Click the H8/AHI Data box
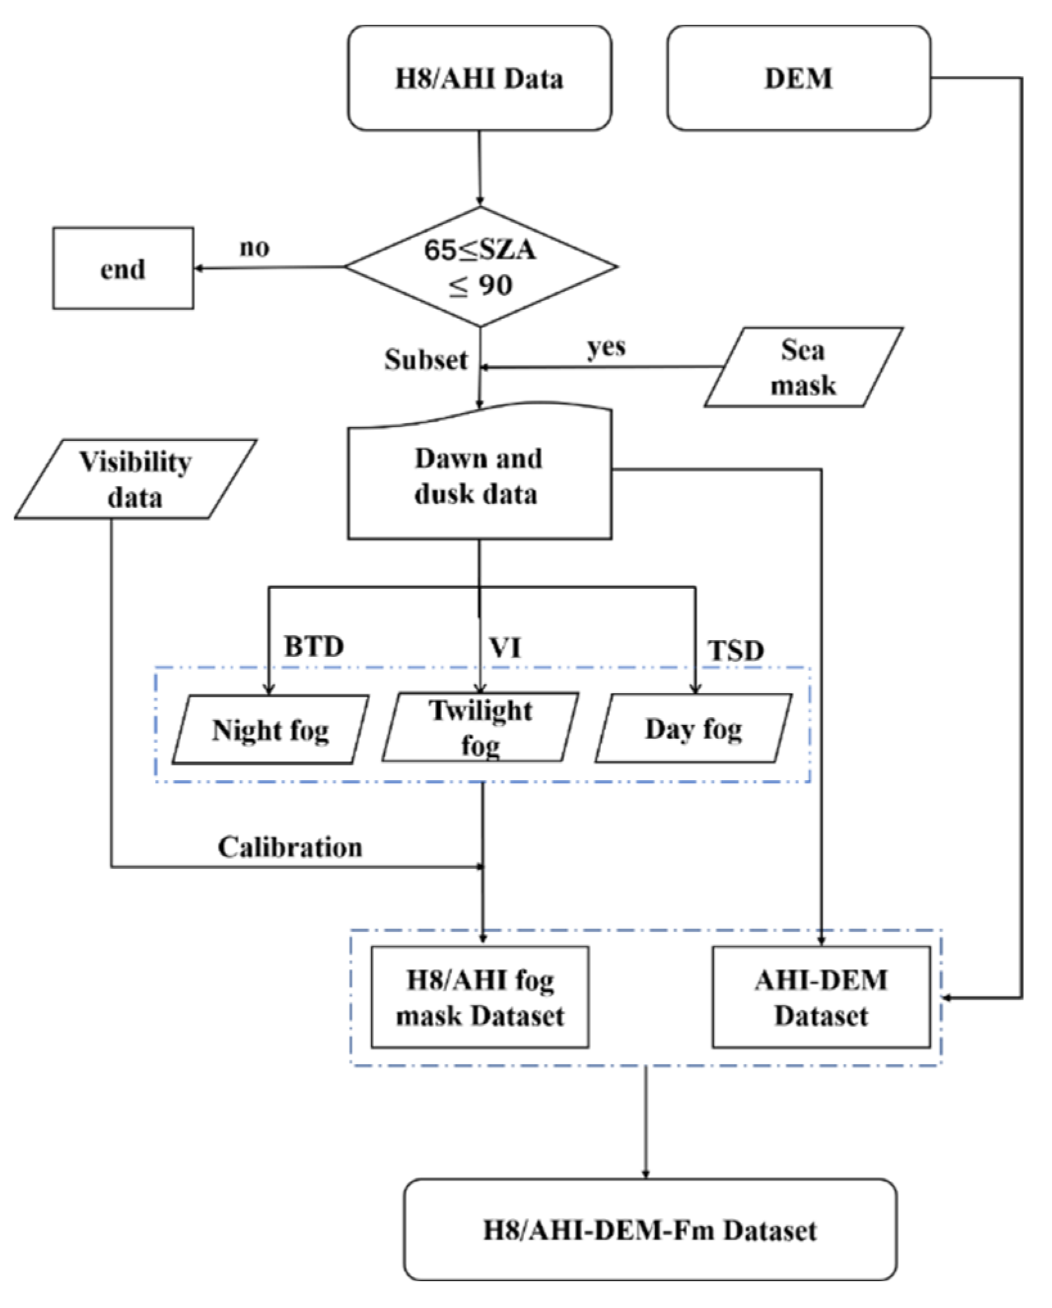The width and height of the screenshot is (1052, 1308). coord(479,78)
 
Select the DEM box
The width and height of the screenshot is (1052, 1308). coord(798,78)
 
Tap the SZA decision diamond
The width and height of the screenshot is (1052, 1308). coord(480,266)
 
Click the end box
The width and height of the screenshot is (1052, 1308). coord(123,268)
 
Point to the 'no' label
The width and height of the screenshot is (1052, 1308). coord(254,248)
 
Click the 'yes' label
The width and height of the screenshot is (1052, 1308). coord(606,347)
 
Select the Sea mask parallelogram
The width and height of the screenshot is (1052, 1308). coord(803,367)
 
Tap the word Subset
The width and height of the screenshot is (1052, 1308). coord(426,360)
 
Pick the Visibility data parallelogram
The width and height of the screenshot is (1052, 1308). coord(136,479)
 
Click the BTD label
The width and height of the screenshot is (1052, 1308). coord(314,646)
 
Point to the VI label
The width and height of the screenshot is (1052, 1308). coord(505,647)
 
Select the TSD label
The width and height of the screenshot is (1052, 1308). coord(736,650)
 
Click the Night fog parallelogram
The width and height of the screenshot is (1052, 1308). coord(270,730)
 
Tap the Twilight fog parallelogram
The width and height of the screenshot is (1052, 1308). coord(480,728)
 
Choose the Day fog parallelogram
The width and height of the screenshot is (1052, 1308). coord(694,729)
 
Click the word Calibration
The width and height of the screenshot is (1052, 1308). coord(290,847)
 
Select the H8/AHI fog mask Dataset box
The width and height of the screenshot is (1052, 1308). coord(480,997)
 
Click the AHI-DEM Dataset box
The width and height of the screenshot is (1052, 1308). coord(821,997)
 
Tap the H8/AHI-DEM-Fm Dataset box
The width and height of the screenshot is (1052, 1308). coord(650,1230)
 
